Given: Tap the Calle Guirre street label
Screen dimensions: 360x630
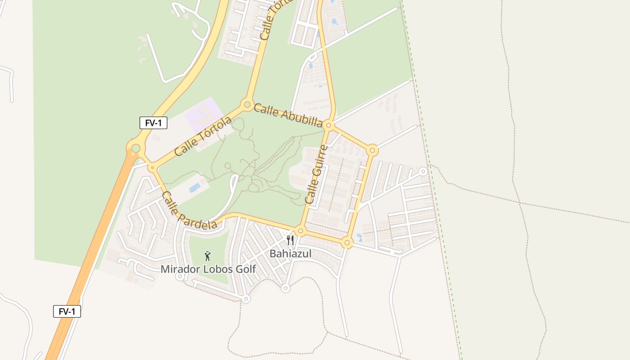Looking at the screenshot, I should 316,174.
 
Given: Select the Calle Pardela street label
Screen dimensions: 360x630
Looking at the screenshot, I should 189,210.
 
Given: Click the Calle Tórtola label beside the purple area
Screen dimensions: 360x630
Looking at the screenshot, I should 203,136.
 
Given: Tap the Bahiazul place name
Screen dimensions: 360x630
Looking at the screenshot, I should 290,254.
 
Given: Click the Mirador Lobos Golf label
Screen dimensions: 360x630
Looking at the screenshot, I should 208,269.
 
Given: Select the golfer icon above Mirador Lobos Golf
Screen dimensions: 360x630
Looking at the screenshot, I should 207,256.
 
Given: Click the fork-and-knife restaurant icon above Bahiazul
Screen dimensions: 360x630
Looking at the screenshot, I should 290,240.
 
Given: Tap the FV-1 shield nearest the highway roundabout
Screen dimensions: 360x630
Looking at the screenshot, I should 153,123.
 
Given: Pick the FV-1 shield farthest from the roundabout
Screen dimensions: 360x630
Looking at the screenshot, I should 67,311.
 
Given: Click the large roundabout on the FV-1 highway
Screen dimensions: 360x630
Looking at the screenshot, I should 135,147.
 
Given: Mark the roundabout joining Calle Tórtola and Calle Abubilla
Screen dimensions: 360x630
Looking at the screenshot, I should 247,105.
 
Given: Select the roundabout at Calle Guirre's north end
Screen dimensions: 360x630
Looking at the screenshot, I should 329,126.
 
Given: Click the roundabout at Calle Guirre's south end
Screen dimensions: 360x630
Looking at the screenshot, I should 301,231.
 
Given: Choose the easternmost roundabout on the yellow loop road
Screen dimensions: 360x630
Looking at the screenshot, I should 372,150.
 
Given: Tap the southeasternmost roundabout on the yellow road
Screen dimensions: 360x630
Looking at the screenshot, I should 346,243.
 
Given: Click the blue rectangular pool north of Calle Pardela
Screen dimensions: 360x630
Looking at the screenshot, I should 195,187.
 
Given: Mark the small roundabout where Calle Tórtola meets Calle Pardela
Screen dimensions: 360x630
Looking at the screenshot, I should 153,168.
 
